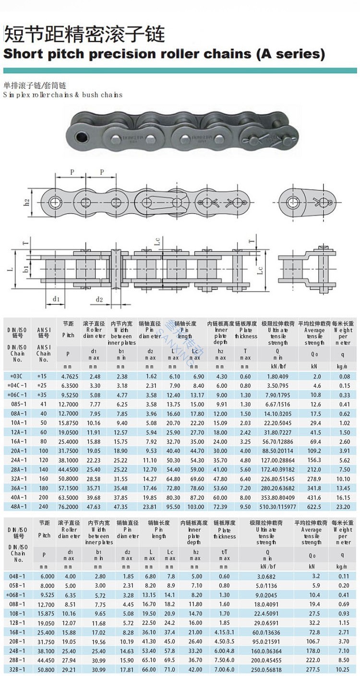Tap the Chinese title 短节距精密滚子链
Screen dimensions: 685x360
coord(84,34)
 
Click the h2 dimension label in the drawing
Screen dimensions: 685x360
coord(27,202)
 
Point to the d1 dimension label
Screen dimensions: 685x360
coord(56,300)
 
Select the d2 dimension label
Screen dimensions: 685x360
coord(99,300)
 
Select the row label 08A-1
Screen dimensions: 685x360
coord(18,414)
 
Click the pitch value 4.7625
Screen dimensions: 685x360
coord(68,376)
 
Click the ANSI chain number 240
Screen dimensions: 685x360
coord(44,506)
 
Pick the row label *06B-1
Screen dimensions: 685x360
coord(17,595)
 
